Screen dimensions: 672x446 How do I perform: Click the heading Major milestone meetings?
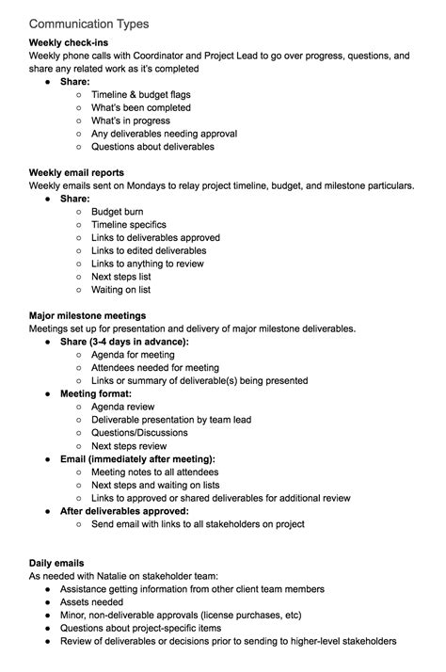coord(93,314)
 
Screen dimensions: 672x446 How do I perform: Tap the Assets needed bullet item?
coord(91,601)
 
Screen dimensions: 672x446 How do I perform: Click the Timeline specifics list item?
coord(129,225)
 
